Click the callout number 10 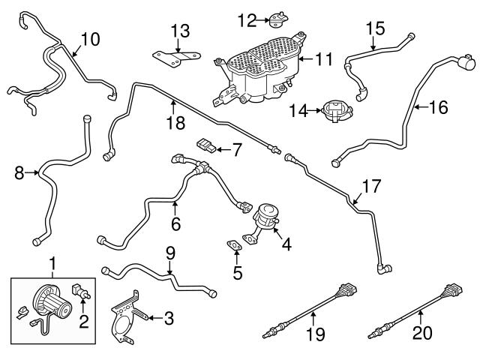(x=89, y=38)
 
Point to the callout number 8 (x=19, y=174)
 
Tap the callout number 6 (x=175, y=223)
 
